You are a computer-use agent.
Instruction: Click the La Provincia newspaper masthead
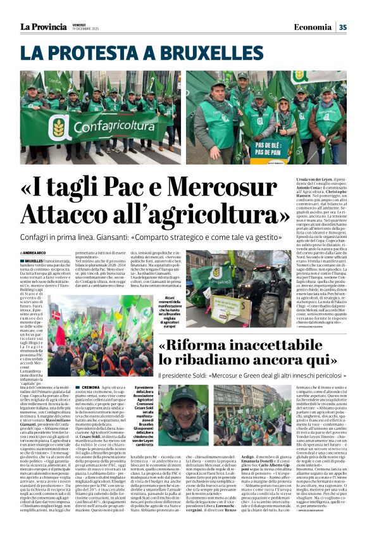(x=42, y=27)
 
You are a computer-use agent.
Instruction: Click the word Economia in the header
(x=312, y=27)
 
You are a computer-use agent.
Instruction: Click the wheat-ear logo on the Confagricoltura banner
(x=58, y=128)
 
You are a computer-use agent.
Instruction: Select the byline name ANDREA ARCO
(x=39, y=253)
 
